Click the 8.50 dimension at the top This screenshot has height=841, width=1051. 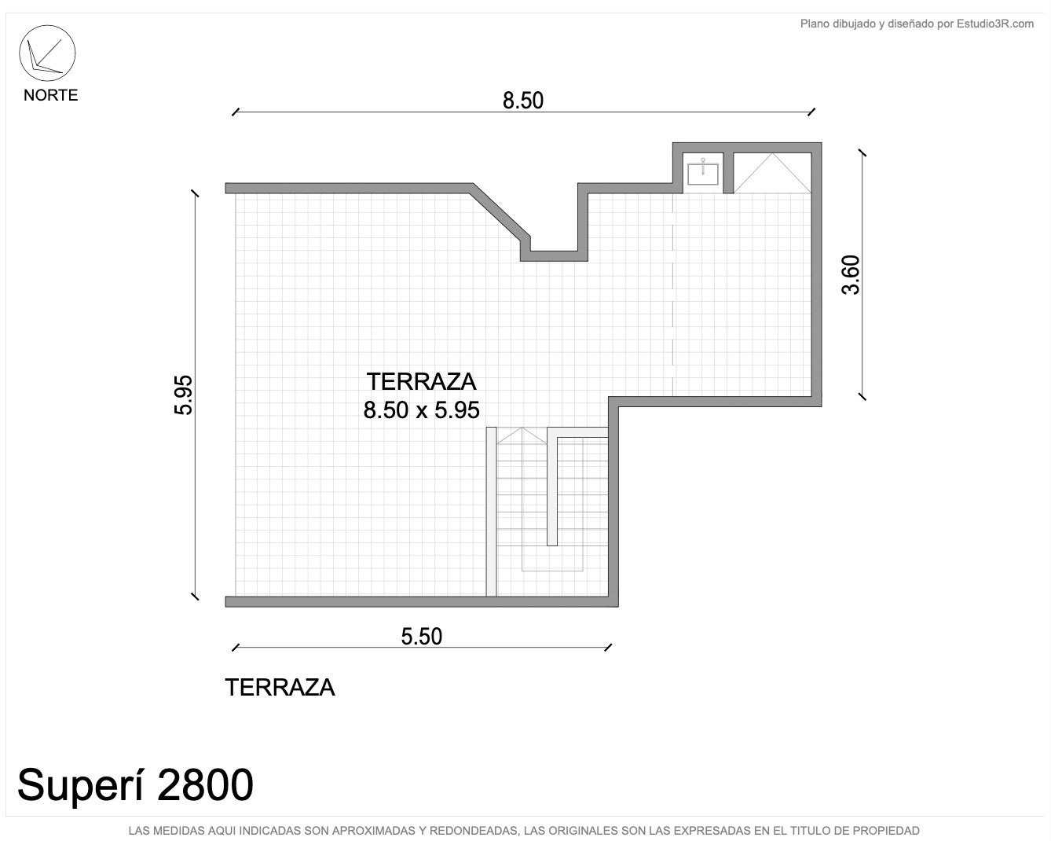click(x=523, y=101)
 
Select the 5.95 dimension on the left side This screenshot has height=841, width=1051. click(x=184, y=395)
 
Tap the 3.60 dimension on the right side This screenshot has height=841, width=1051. click(x=850, y=274)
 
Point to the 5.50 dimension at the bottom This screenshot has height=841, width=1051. click(x=422, y=637)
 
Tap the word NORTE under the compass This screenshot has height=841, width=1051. click(x=51, y=95)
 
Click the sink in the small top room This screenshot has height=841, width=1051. click(x=703, y=174)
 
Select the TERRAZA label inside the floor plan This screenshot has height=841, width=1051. click(x=422, y=382)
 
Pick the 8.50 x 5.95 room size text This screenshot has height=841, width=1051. click(x=422, y=410)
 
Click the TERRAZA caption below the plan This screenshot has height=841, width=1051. click(x=280, y=688)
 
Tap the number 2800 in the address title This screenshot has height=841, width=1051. click(x=205, y=785)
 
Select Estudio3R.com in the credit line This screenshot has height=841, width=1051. click(x=994, y=24)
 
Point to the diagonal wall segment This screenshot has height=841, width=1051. click(x=500, y=214)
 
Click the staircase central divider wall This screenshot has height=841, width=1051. click(x=552, y=487)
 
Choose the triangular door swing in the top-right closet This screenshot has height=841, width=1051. click(x=772, y=173)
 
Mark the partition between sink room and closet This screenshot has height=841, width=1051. click(x=728, y=173)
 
